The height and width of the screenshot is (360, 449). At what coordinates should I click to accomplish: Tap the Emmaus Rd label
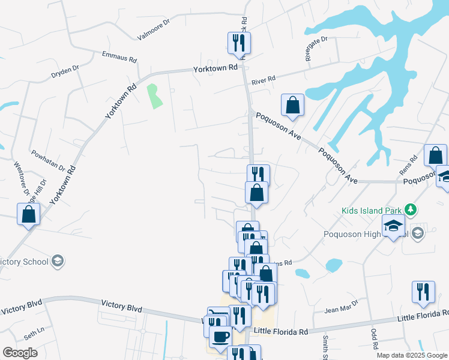[x=120, y=58]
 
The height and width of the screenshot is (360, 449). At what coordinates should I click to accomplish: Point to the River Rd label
[x=264, y=80]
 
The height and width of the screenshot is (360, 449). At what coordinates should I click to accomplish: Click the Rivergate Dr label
[x=316, y=49]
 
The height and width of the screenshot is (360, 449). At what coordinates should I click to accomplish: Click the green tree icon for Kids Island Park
[x=411, y=209]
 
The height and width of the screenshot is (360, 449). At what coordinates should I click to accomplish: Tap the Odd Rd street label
[x=374, y=338]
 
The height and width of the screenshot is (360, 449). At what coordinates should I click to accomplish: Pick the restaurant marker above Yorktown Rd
[x=239, y=43]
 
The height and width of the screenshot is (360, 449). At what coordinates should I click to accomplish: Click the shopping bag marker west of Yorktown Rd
[x=28, y=214]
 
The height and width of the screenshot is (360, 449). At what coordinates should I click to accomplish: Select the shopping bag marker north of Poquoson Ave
[x=292, y=105]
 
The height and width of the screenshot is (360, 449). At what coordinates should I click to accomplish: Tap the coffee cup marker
[x=220, y=337]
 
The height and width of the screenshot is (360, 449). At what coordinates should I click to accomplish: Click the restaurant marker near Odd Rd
[x=423, y=292]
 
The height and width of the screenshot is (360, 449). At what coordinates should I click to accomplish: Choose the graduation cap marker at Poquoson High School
[x=393, y=226]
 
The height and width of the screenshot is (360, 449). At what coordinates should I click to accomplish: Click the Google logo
[x=20, y=353]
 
